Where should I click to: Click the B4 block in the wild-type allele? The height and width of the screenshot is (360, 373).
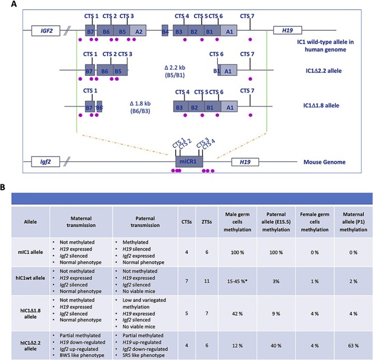pos(165,31)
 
